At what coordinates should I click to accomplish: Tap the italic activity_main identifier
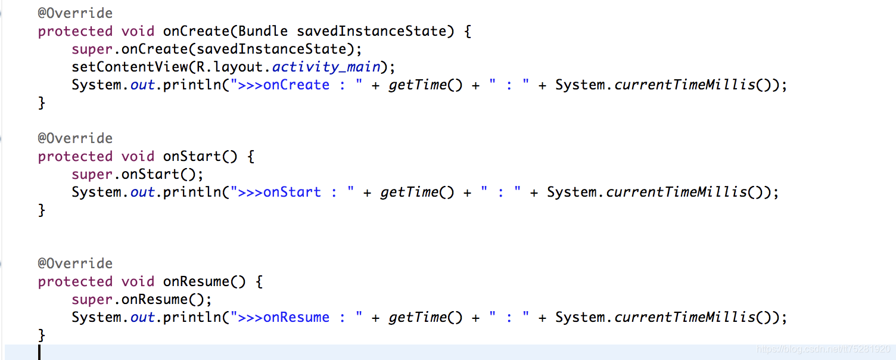point(326,67)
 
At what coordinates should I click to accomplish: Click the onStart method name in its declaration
point(192,156)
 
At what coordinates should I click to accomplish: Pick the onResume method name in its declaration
point(196,281)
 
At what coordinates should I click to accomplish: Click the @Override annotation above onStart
point(75,138)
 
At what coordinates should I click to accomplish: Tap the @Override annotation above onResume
point(75,263)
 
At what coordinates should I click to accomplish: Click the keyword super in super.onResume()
point(92,299)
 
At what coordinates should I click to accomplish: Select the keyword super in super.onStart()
point(92,174)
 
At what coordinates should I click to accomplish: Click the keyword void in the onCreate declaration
point(138,31)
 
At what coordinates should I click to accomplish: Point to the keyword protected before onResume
point(75,281)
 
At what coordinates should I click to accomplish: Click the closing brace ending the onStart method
point(42,210)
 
